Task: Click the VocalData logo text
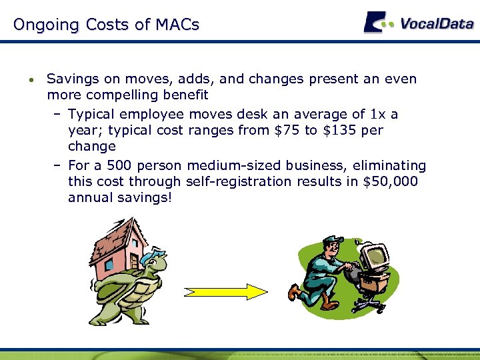[x=437, y=24]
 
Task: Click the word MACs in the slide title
[x=177, y=25]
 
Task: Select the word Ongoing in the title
[x=45, y=25]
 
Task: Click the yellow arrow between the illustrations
[x=225, y=292]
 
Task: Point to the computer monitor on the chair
[x=373, y=255]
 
